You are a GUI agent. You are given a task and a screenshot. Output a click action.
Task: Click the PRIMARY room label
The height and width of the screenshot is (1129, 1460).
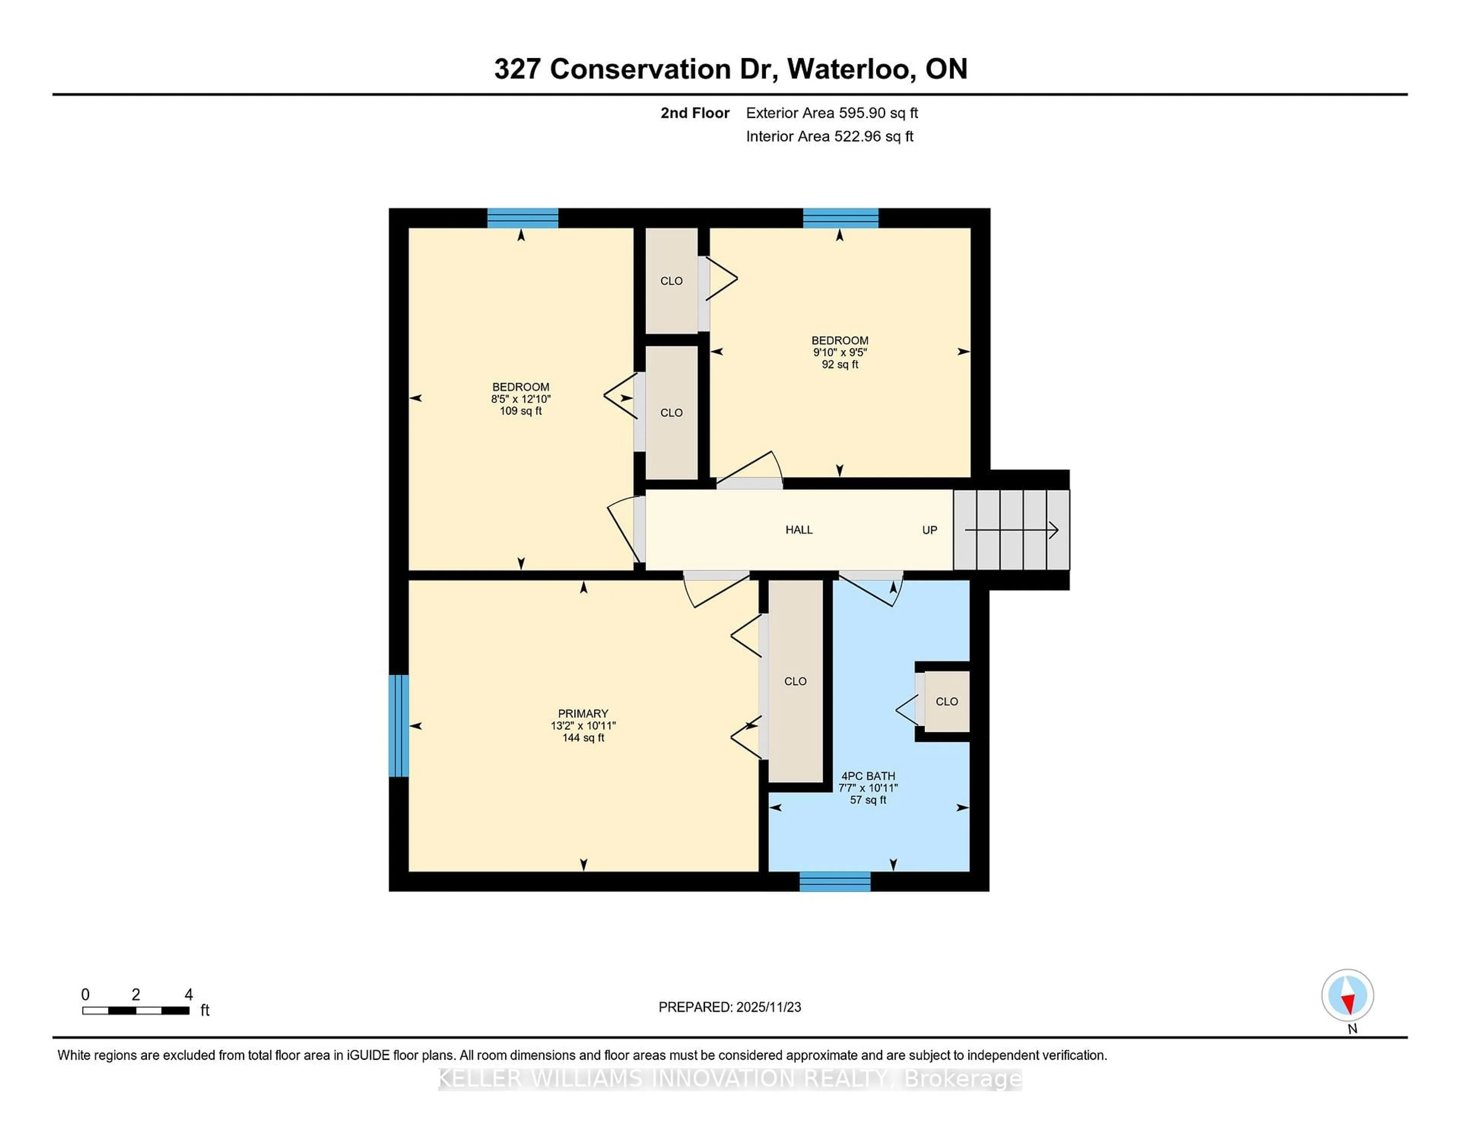(x=583, y=714)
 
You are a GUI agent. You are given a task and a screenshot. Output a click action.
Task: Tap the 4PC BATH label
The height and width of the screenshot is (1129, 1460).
(x=868, y=776)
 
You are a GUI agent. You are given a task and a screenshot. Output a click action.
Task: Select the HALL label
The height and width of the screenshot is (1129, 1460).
(x=799, y=530)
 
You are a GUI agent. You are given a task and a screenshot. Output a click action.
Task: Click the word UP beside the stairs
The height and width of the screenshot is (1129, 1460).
(x=929, y=530)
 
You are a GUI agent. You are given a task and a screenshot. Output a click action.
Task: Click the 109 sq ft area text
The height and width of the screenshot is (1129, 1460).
(x=521, y=411)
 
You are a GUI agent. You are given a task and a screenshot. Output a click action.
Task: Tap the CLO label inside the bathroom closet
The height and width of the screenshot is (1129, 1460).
(x=947, y=701)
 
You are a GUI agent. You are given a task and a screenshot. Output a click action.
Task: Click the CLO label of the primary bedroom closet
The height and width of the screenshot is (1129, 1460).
(x=795, y=681)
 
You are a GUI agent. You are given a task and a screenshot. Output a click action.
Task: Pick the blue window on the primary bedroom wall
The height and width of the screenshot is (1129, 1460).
(x=398, y=726)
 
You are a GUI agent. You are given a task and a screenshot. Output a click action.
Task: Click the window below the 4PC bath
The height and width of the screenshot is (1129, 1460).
(x=835, y=881)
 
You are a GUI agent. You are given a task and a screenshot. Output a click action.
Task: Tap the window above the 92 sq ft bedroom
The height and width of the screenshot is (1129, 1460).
(x=840, y=218)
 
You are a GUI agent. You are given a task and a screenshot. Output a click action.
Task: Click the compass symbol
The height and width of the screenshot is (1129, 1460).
(x=1347, y=995)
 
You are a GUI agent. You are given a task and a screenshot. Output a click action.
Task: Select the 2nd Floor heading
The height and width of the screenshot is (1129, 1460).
(x=695, y=113)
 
